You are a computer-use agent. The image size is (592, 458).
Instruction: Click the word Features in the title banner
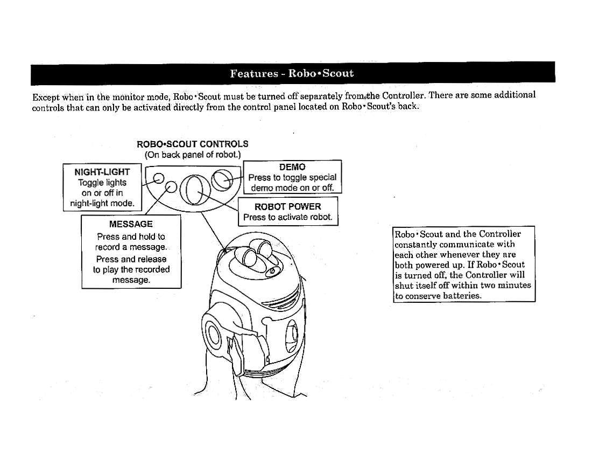252,73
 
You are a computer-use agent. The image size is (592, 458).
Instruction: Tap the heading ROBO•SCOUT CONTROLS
193,144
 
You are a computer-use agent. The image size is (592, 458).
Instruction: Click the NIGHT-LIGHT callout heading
102,172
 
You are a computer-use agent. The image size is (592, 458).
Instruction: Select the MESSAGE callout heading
131,224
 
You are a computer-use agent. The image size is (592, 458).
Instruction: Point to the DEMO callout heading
292,167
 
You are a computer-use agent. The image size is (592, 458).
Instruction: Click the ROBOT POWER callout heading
288,207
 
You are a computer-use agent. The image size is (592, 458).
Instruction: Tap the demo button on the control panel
222,179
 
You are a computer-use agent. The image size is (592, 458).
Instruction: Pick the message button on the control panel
171,187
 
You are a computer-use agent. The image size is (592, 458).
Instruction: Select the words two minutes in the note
504,285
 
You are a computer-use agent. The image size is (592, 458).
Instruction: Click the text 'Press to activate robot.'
288,218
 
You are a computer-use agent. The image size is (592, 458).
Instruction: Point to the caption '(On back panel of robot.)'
193,155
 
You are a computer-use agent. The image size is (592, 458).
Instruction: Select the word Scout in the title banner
338,73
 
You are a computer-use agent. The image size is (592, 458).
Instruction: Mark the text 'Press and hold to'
131,237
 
